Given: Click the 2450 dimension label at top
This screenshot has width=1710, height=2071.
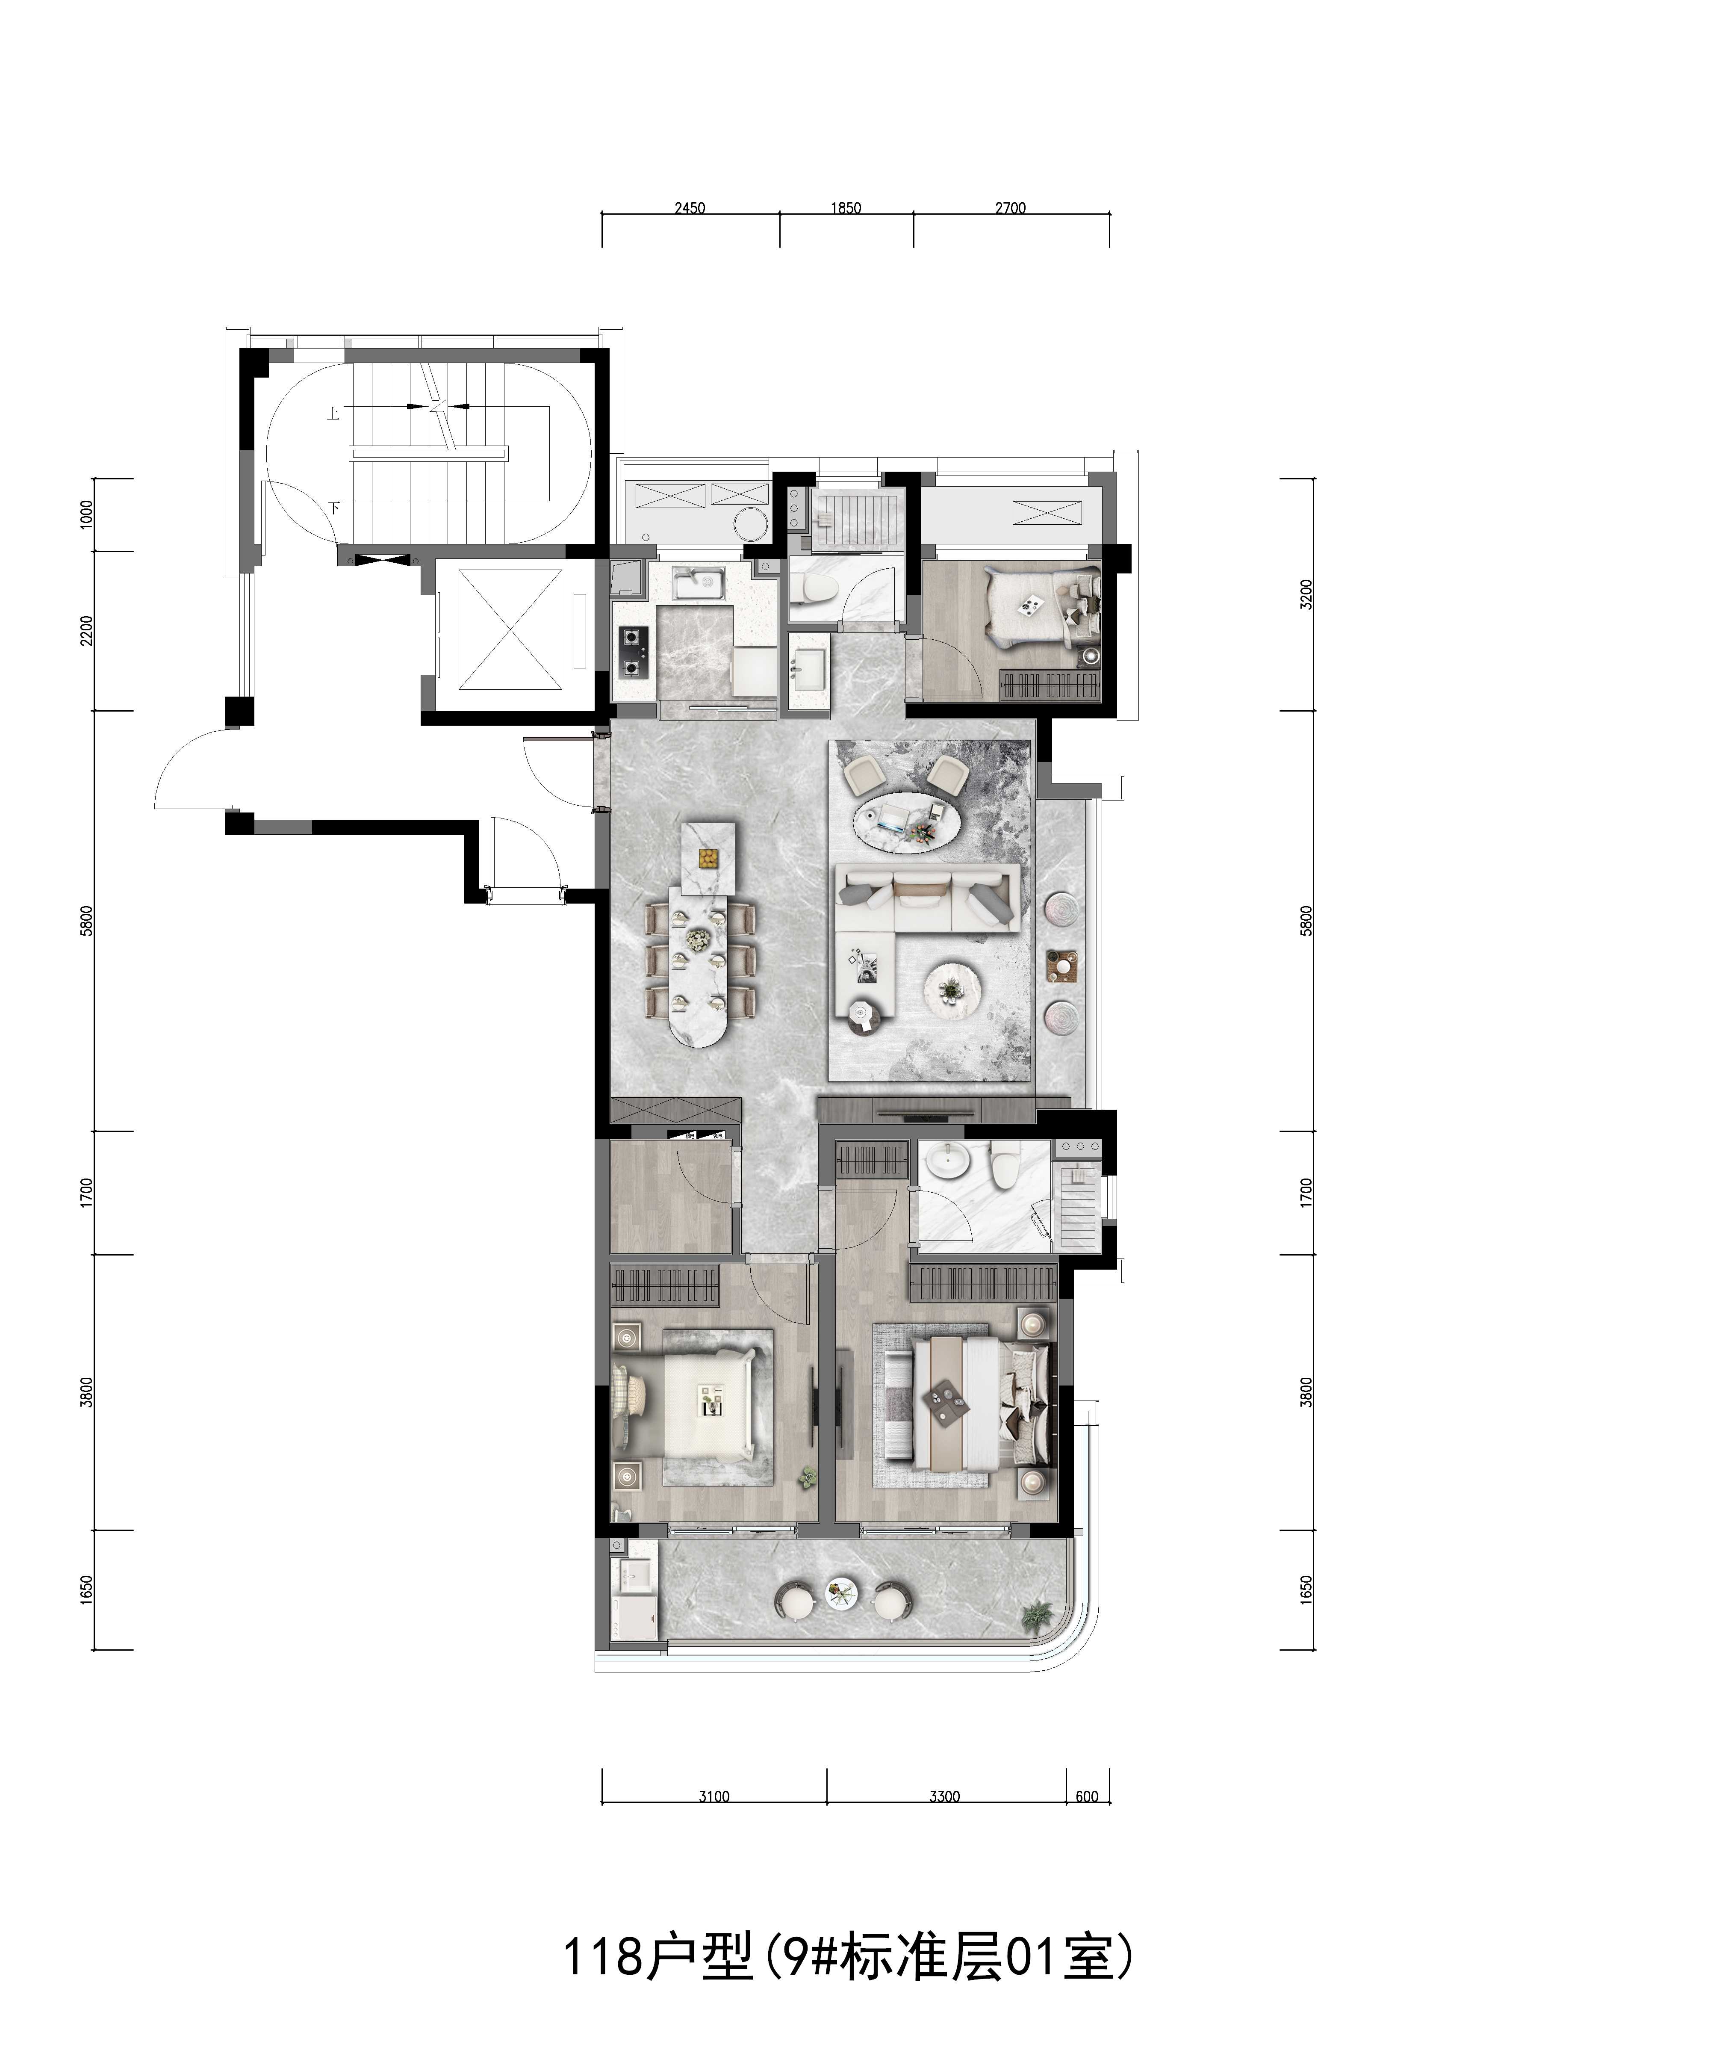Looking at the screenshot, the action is pos(690,208).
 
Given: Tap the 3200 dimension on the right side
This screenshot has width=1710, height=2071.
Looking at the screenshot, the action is pos(1306,595).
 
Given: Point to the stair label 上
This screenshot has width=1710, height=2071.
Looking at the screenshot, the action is pos(334,414).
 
